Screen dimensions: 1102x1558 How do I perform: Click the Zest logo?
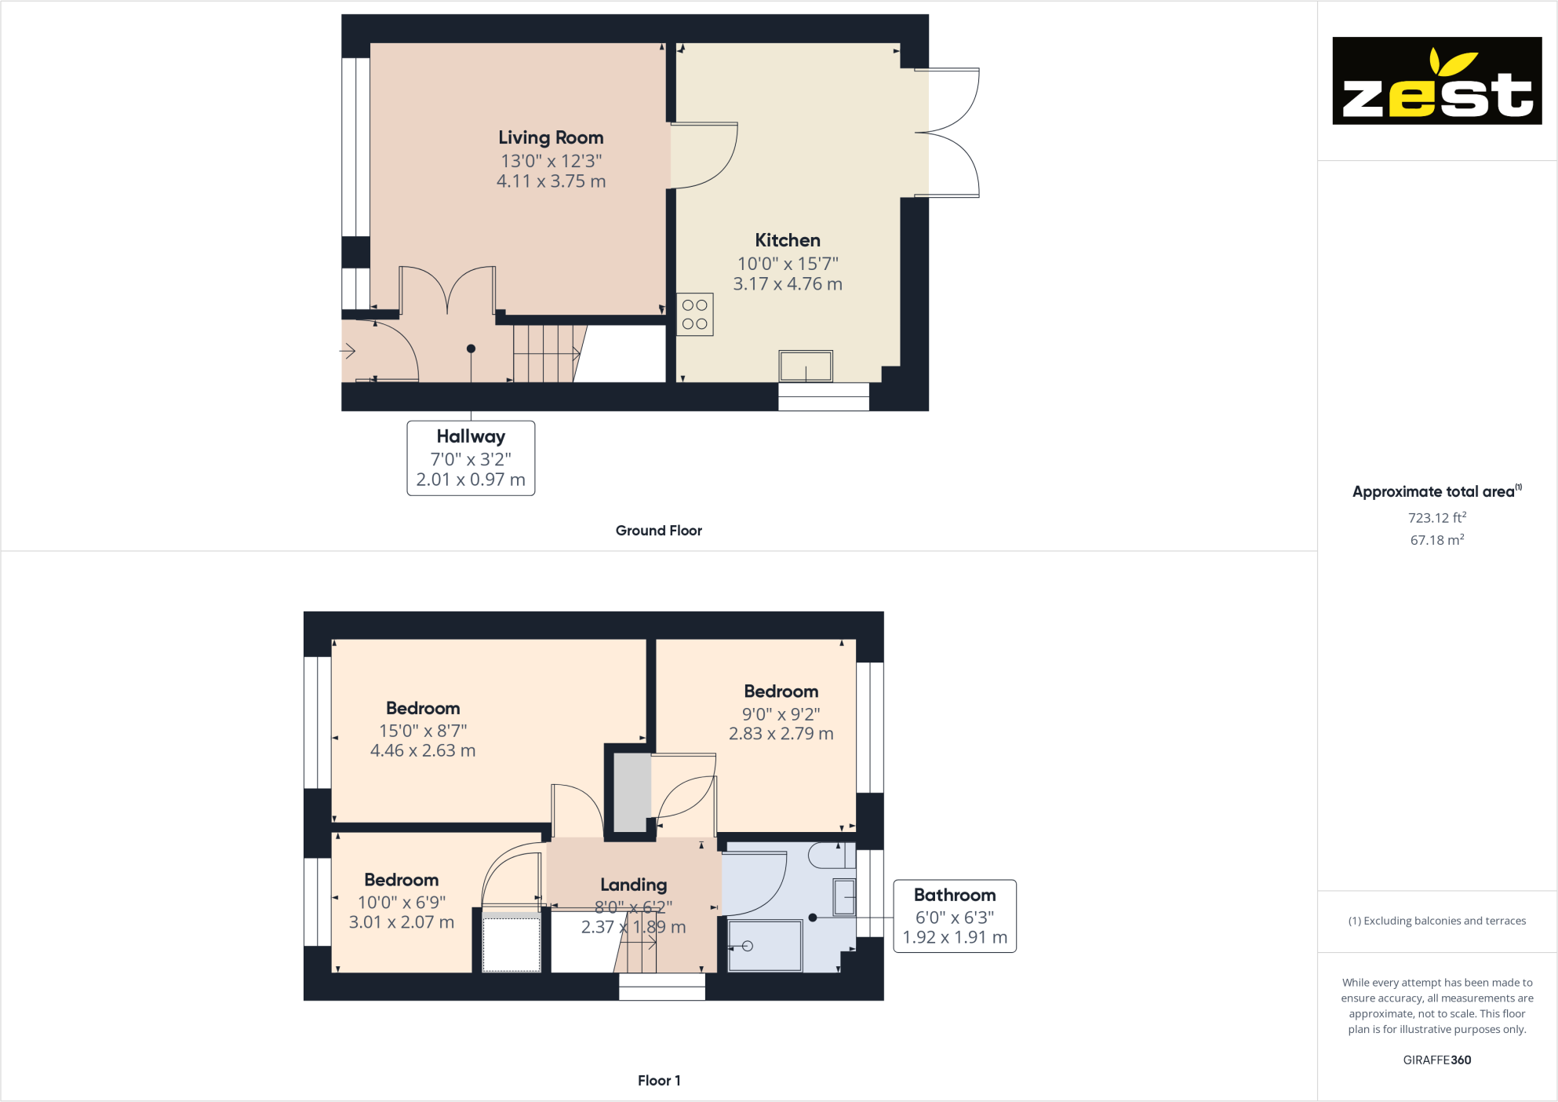(x=1436, y=80)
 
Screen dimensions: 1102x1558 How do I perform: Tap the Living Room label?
(x=551, y=138)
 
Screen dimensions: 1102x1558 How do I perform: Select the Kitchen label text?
(x=788, y=241)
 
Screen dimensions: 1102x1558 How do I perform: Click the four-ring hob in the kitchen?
(x=694, y=315)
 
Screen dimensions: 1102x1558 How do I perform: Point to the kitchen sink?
(x=806, y=366)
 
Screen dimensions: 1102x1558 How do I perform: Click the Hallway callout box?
(x=471, y=458)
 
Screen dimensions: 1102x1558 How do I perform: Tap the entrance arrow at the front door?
(x=348, y=351)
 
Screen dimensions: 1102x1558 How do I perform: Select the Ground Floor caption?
(x=658, y=531)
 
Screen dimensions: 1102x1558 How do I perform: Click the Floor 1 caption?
(x=659, y=1081)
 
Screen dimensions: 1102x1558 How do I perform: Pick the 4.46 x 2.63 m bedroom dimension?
(x=423, y=751)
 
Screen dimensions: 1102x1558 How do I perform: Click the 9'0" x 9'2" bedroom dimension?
(x=781, y=714)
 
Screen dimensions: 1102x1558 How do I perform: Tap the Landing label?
(x=633, y=885)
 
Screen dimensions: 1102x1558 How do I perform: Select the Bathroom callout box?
(x=955, y=916)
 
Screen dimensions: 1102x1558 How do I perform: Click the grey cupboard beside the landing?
(x=632, y=792)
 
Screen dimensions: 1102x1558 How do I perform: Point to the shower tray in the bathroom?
(x=765, y=946)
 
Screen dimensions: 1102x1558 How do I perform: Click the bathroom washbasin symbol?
(x=844, y=897)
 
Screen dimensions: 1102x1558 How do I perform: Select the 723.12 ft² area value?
(x=1436, y=518)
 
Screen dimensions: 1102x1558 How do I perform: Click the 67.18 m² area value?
(x=1436, y=540)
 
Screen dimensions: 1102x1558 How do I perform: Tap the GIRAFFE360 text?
(x=1436, y=1060)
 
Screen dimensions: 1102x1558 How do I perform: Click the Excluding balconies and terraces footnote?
(x=1436, y=921)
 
